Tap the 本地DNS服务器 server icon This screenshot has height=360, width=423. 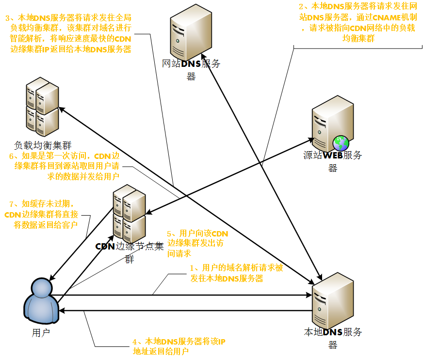(x=332, y=300)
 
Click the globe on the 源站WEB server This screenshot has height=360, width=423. (x=341, y=142)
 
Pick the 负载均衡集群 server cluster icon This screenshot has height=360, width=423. (x=43, y=109)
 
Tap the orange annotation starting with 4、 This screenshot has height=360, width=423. (x=179, y=347)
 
